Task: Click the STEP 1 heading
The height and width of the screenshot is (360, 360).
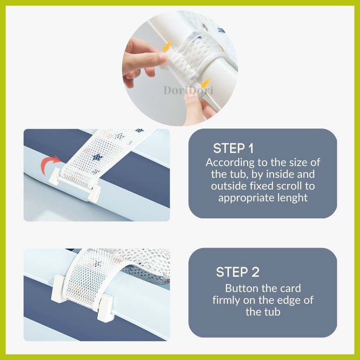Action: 233,148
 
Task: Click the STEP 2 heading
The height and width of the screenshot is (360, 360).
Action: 238,272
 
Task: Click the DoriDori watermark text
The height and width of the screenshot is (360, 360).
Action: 188,90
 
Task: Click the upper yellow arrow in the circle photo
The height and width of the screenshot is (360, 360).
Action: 168,46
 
